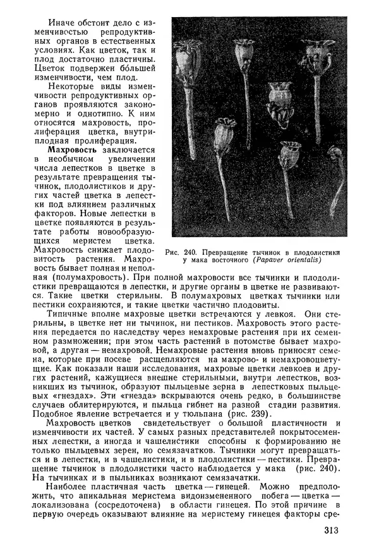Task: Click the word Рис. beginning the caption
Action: point(173,254)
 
